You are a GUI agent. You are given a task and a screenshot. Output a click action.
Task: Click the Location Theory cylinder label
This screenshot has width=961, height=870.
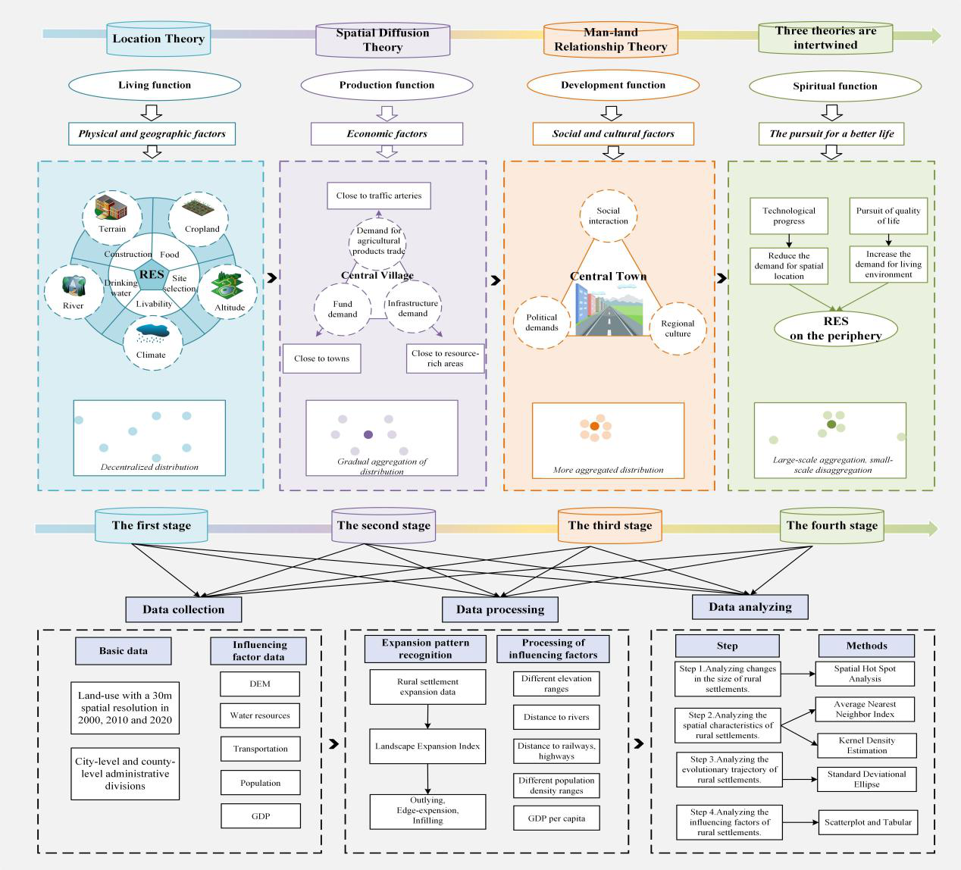click(x=158, y=39)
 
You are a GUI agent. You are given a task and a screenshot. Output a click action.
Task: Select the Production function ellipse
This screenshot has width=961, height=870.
click(x=387, y=85)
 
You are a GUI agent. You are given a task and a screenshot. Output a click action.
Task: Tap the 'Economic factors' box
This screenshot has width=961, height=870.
click(x=387, y=133)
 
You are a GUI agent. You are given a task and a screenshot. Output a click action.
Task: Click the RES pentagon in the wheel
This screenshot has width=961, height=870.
click(x=152, y=274)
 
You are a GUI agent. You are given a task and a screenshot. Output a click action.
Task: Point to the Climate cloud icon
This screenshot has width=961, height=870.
click(x=152, y=333)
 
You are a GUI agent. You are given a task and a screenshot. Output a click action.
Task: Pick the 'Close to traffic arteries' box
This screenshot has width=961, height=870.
click(x=379, y=196)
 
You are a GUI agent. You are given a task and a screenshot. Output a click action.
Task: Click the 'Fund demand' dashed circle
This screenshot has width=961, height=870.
click(x=343, y=308)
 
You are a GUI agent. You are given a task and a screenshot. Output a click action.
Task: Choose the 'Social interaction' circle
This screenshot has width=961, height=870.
click(x=608, y=216)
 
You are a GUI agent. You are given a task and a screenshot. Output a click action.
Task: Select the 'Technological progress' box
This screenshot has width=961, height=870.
click(x=789, y=216)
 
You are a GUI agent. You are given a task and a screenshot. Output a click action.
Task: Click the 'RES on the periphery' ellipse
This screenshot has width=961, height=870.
click(x=835, y=329)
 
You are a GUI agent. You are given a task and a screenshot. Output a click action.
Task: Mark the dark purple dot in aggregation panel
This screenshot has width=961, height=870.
click(x=368, y=434)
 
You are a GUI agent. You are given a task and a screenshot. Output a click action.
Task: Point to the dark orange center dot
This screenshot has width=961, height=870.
click(x=595, y=427)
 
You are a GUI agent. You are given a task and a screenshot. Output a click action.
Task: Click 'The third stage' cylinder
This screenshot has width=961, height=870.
click(x=610, y=526)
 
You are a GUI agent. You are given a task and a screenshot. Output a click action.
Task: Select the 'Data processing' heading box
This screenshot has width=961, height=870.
click(x=500, y=609)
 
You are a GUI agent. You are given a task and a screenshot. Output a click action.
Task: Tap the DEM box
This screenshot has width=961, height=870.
click(x=260, y=684)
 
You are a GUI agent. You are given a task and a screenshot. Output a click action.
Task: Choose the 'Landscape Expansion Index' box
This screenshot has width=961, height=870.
click(x=427, y=746)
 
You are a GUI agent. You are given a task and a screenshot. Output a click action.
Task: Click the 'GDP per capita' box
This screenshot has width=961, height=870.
click(x=556, y=818)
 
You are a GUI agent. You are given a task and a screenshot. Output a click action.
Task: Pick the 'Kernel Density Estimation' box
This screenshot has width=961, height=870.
click(x=866, y=746)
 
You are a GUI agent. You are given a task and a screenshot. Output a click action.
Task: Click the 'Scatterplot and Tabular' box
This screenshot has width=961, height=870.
click(x=868, y=821)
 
